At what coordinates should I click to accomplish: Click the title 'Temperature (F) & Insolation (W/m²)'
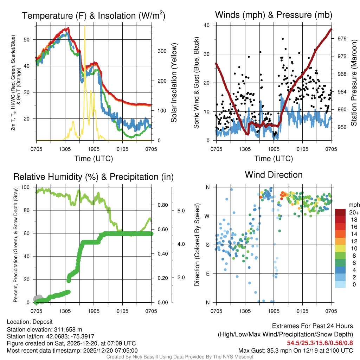[x=94, y=16]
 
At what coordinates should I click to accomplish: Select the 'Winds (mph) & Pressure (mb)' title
[x=274, y=15]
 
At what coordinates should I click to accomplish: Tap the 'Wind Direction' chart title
[x=274, y=175]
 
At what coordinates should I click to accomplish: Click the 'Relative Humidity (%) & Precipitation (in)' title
[x=93, y=177]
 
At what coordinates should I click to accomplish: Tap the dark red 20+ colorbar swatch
[x=340, y=212]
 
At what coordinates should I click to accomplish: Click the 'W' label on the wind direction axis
[x=208, y=216]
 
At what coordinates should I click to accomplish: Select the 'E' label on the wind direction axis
[x=208, y=274]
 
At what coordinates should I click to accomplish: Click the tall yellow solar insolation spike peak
[x=84, y=27]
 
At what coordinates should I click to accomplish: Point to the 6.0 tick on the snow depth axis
[x=181, y=211]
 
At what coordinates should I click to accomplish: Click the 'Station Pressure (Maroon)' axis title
[x=354, y=83]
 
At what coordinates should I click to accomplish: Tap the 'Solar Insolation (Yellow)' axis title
[x=174, y=83]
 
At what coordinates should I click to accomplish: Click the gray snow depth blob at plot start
[x=38, y=299]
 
